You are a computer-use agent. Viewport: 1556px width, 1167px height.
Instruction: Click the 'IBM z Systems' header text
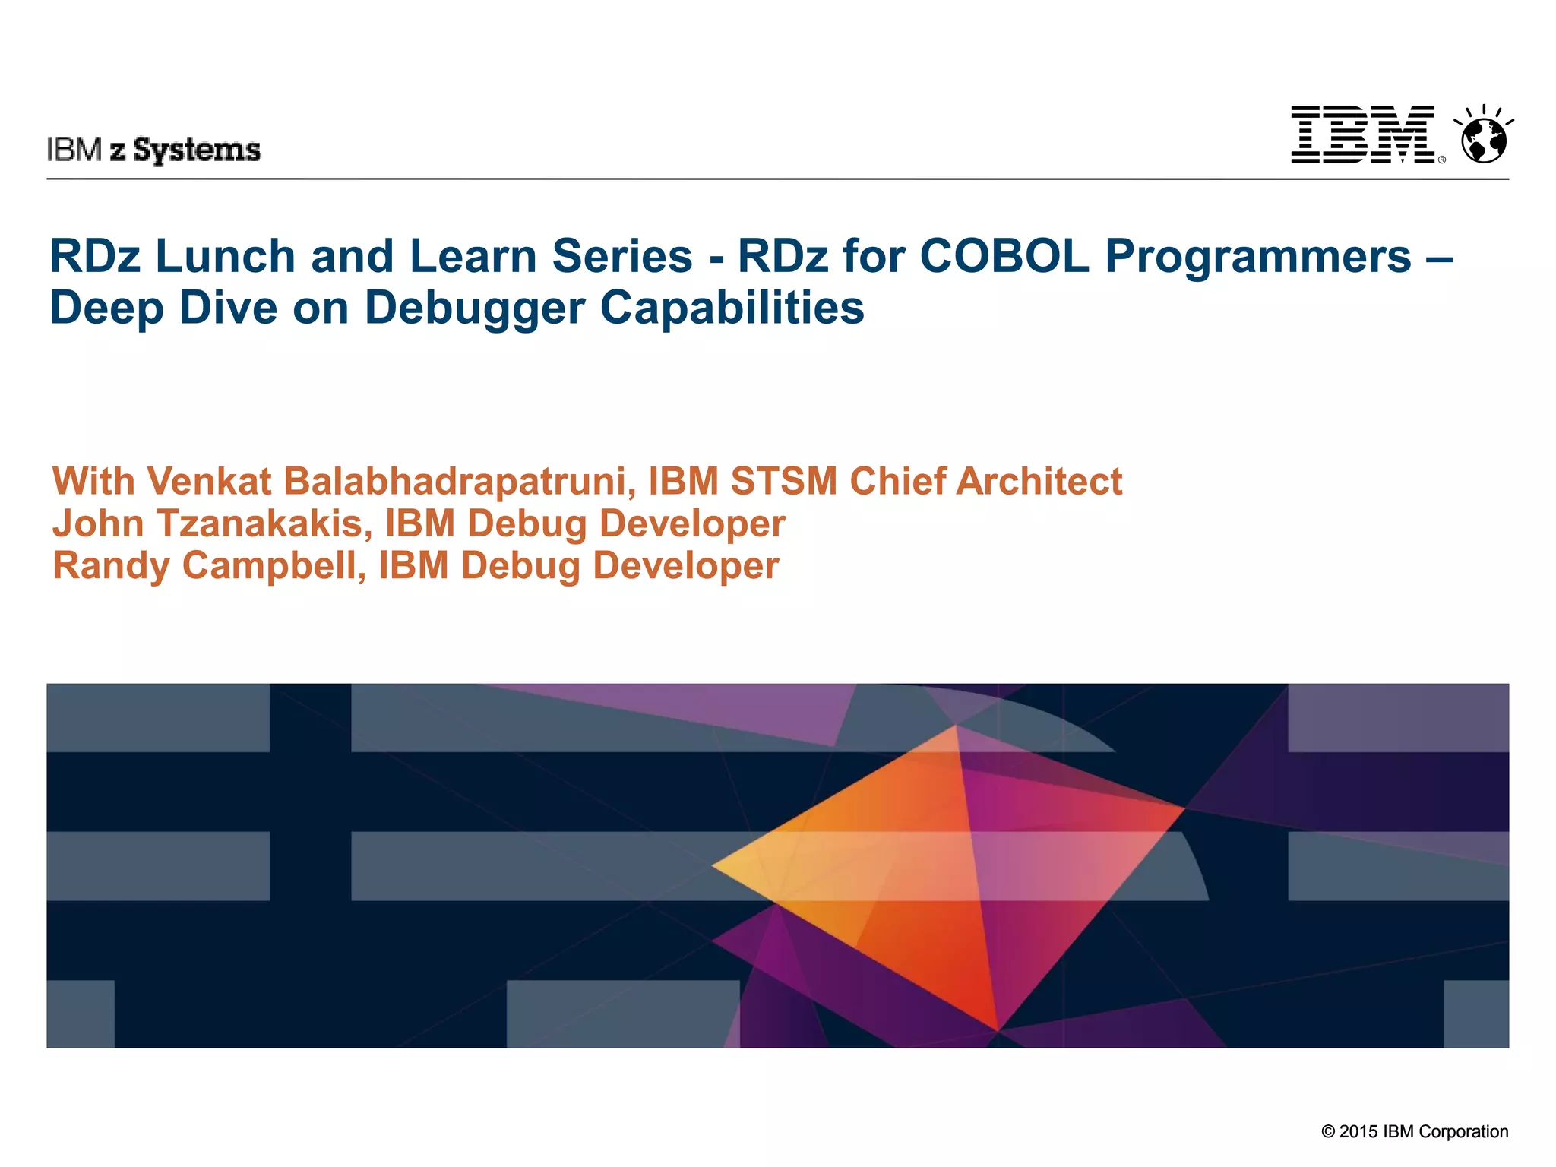click(154, 150)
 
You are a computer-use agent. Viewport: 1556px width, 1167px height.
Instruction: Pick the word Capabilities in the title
click(732, 308)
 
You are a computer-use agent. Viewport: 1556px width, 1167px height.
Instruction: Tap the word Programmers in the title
click(1257, 257)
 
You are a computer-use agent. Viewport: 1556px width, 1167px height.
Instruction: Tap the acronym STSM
click(784, 482)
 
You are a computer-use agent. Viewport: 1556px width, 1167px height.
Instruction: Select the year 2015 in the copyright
click(1358, 1131)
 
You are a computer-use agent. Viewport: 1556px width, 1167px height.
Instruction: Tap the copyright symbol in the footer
click(1328, 1132)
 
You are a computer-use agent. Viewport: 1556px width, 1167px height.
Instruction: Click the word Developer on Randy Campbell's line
click(686, 567)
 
